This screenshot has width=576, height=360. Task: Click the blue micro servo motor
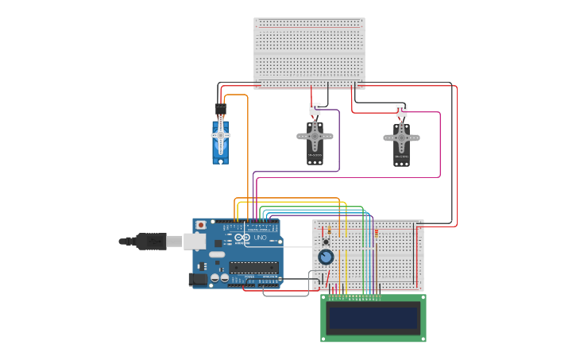coord(220,141)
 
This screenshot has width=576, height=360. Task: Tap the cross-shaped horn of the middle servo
coord(315,137)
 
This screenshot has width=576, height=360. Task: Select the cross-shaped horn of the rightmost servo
coord(401,138)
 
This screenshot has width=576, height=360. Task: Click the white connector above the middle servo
coord(315,109)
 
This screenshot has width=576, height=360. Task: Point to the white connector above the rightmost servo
coord(401,110)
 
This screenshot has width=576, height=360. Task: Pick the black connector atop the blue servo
coord(220,109)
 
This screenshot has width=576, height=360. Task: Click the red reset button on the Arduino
coord(201,225)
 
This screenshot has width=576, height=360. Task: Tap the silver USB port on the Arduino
coord(195,241)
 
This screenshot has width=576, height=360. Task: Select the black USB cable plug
coord(151,241)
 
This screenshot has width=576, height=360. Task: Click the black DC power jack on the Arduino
coord(196,279)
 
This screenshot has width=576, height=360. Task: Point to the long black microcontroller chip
coord(253,267)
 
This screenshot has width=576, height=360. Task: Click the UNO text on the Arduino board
coord(260,238)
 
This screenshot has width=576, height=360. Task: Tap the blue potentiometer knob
coord(326,257)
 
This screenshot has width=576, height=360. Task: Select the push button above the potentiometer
coord(326,242)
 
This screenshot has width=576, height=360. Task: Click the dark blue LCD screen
coord(373,318)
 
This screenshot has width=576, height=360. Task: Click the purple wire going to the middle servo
coord(339,143)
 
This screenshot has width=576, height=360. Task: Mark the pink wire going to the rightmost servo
coord(439,143)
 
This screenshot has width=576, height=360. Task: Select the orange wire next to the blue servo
coord(248,151)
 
